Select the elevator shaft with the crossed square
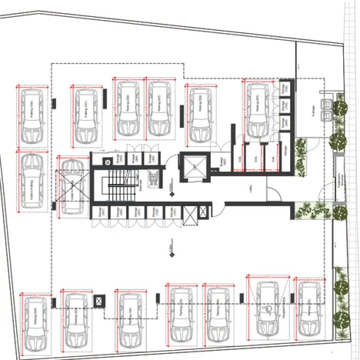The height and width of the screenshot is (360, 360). [x=194, y=166]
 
